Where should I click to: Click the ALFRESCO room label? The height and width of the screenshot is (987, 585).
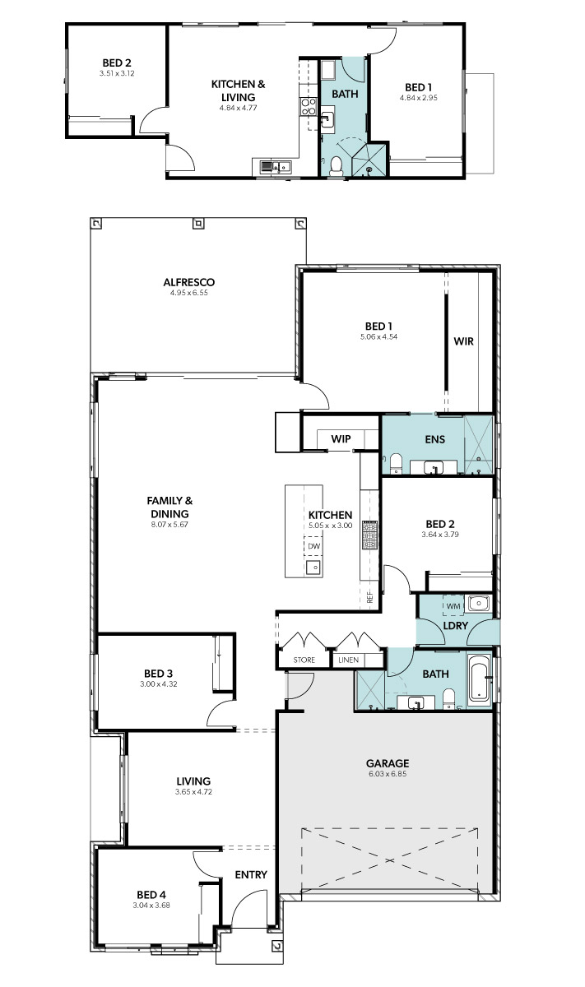pos(188,282)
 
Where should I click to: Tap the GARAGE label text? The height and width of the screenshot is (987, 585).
pos(388,763)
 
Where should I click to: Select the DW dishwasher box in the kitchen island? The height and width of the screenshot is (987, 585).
pos(313,546)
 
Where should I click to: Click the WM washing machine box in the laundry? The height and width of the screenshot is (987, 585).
pos(453,606)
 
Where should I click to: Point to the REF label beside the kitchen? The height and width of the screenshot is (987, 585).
pos(370,597)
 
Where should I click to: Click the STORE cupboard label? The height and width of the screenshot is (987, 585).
pos(304,660)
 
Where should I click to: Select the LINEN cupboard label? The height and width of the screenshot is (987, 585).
pos(349,660)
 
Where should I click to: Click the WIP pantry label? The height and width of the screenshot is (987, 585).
pos(341,439)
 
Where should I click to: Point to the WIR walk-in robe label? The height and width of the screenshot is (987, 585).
pos(464,341)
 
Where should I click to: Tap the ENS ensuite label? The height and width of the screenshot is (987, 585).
pos(435,439)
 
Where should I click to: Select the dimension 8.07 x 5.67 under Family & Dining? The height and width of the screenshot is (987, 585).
pos(169,525)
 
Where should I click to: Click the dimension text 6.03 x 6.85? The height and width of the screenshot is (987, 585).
pos(388,774)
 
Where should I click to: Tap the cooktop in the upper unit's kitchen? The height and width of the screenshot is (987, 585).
pos(309,106)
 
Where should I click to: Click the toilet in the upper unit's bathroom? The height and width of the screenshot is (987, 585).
pos(336,165)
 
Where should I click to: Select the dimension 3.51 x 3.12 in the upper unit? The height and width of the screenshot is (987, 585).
pos(117,73)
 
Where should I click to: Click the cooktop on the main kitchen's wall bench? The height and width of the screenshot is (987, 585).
pos(370,535)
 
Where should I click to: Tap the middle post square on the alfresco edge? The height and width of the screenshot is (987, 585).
pos(198,224)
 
